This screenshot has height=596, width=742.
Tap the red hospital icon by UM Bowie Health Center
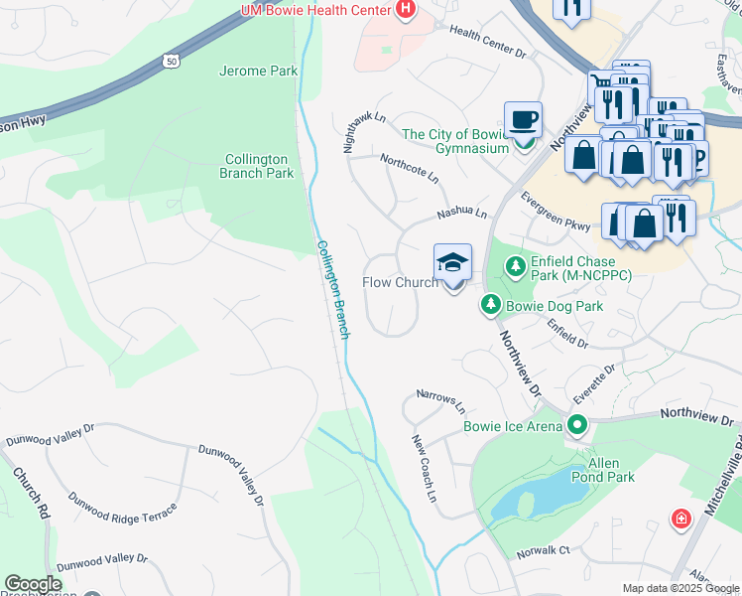tap(404, 10)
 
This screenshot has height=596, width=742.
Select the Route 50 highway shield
tap(171, 62)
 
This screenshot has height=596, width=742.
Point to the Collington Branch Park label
tap(257, 166)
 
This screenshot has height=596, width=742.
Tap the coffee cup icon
tap(523, 120)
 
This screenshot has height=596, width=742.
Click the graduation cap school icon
tap(452, 263)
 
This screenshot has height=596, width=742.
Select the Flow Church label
tap(400, 283)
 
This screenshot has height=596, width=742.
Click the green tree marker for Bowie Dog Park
tap(490, 306)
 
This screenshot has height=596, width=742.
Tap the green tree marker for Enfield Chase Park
tap(515, 266)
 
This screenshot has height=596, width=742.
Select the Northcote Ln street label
tap(409, 167)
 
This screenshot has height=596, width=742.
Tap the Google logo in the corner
tap(33, 584)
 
